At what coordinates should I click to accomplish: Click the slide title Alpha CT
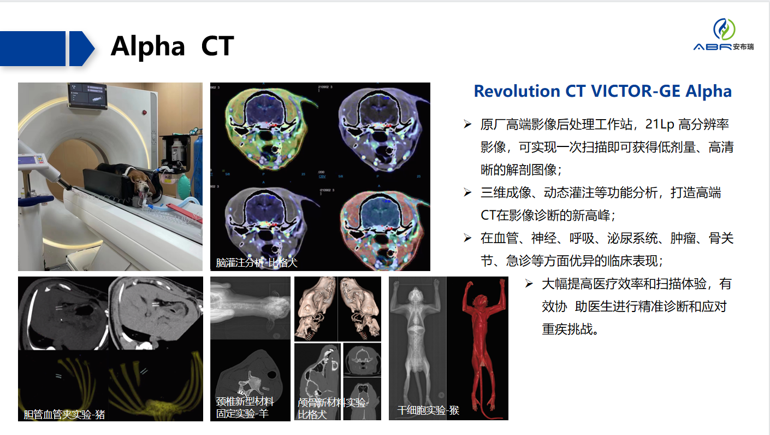[x=172, y=46]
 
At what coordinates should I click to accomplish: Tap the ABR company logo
[x=724, y=34]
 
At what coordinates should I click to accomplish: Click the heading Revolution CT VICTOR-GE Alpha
[x=602, y=91]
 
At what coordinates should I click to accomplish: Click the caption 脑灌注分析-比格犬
[x=256, y=262]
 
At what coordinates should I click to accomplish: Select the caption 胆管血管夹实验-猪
[x=64, y=414]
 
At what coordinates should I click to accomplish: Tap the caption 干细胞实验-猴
[x=428, y=410]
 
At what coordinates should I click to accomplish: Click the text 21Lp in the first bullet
[x=660, y=124]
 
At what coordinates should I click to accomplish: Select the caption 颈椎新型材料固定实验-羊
[x=244, y=407]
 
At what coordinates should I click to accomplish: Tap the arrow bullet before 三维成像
[x=467, y=192]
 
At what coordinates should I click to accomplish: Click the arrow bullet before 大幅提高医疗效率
[x=529, y=284]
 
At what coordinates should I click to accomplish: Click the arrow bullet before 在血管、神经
[x=467, y=238]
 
